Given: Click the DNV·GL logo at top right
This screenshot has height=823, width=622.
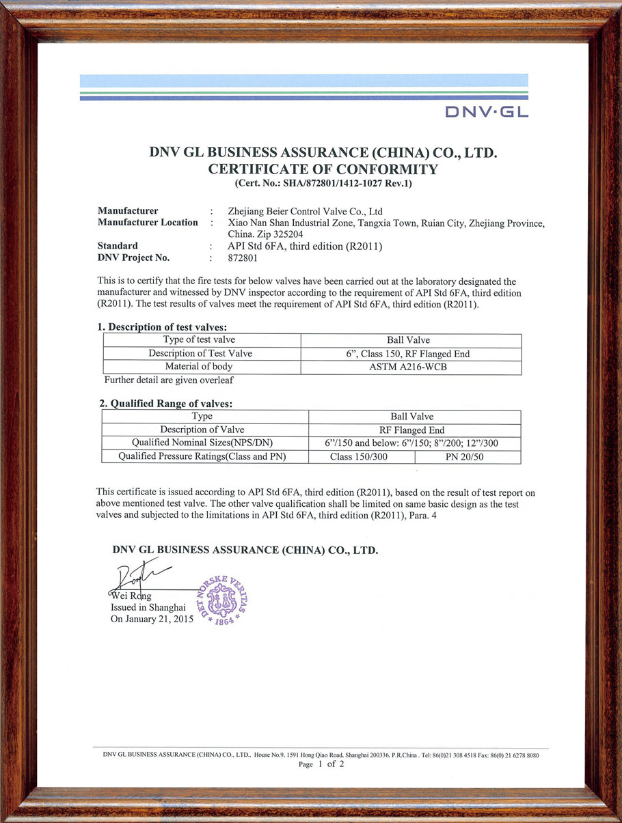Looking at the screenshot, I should [x=486, y=111].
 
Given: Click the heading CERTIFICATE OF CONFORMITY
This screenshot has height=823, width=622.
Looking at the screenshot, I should [x=323, y=169].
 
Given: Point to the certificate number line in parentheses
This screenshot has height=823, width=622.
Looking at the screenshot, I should [x=323, y=183].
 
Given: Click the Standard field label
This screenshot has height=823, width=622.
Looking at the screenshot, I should [x=118, y=246].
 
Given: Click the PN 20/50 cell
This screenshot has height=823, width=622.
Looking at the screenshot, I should [x=468, y=457].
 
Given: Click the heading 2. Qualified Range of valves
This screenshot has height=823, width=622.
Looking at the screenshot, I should [x=166, y=404].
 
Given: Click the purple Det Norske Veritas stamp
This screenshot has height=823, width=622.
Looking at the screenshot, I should [x=221, y=600].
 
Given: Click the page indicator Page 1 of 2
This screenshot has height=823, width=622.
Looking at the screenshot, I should [x=321, y=764].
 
